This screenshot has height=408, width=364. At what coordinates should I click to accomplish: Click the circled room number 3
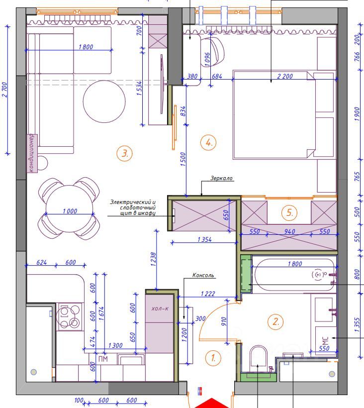[124, 153]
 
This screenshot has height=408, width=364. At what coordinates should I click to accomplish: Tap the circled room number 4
[208, 142]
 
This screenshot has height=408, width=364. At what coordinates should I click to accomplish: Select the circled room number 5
[289, 212]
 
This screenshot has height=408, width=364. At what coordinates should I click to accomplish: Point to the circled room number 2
[275, 321]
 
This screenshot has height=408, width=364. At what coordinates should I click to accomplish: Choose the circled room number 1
[213, 358]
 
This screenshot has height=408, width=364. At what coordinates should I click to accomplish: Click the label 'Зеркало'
[221, 178]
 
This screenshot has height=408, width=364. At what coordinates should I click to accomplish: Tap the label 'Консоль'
[203, 275]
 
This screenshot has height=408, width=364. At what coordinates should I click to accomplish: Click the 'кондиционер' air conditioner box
[32, 153]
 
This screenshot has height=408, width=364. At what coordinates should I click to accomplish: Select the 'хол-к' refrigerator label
[160, 308]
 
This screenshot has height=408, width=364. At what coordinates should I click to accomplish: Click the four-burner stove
[69, 316]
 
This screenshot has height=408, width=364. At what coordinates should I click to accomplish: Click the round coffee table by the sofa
[104, 102]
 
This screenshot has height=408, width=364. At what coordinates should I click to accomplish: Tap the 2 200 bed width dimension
[285, 76]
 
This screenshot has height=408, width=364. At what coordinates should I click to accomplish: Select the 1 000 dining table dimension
[70, 211]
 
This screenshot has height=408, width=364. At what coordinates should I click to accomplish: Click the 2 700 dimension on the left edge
[5, 90]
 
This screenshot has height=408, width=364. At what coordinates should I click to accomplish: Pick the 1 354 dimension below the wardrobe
[204, 239]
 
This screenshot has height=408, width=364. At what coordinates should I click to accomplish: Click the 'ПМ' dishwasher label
[103, 359]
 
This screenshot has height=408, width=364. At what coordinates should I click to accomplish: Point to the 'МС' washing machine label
[325, 340]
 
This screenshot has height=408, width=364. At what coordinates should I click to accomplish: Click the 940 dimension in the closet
[289, 231]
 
